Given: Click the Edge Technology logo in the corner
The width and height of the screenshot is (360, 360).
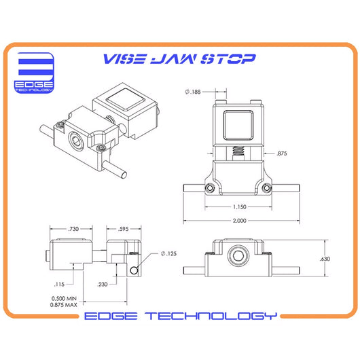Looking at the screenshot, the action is pos(34,73).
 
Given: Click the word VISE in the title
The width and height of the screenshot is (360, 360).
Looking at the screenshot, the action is pos(124,59).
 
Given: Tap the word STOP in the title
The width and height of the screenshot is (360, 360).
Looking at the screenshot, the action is pos(228,59).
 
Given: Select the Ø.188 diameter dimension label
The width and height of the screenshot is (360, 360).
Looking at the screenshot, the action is pos(193,92).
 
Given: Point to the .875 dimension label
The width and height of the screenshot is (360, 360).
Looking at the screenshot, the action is pos(282,154).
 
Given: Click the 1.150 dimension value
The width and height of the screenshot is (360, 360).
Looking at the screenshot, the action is pos(240,207).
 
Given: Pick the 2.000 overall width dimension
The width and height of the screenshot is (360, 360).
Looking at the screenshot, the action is pos(240,221).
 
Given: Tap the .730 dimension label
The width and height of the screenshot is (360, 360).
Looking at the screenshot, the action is pos(73,229).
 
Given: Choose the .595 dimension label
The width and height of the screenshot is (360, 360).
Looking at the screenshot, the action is pos(124,229).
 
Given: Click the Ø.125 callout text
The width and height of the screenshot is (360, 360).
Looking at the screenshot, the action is pos(168,254).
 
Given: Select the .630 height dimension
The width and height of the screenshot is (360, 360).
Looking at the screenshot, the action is pos(325,259).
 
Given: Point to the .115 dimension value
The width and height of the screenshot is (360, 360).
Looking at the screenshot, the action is pos(59,285).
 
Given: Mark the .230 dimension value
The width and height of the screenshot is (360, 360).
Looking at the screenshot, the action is pos(103,285).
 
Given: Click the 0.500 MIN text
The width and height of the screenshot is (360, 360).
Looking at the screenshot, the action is pos(64,298).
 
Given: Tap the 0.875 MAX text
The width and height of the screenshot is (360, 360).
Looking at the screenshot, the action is pos(64,305).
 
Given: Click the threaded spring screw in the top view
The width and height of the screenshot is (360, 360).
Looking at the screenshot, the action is pos(238,153).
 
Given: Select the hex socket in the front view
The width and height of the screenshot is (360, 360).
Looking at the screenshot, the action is pos(238,255).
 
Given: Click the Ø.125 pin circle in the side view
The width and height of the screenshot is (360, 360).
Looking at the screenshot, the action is pos(134,270).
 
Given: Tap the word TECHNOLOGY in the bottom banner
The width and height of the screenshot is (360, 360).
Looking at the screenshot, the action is pos(211,316).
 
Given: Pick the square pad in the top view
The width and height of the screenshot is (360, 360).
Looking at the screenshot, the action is pos(238,125).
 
